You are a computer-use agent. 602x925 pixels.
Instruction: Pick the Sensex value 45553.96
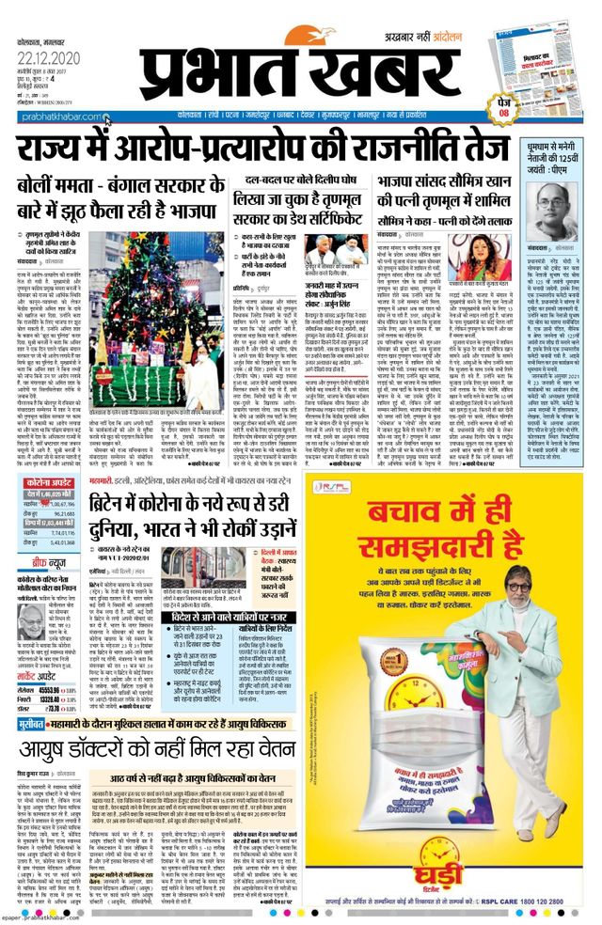coord(74,690)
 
